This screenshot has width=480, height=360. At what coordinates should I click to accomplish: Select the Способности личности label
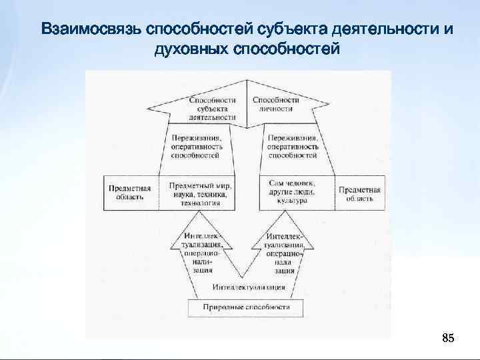coord(276,103)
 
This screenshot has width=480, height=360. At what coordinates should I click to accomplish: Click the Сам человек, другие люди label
coord(292,188)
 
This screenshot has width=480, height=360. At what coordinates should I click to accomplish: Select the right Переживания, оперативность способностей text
coord(292,145)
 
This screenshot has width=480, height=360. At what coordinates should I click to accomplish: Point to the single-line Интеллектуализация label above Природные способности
coord(249,287)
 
